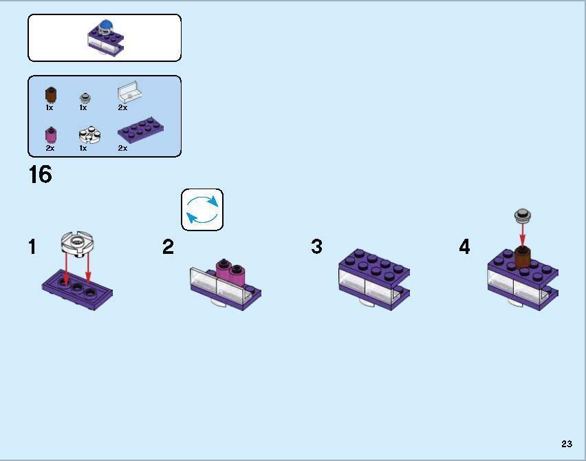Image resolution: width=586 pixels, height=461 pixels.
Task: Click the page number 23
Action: [x=566, y=444]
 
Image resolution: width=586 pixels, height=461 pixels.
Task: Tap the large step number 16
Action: [x=40, y=175]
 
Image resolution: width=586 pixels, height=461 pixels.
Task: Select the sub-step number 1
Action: [x=32, y=247]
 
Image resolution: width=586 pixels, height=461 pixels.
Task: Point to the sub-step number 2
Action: [x=169, y=247]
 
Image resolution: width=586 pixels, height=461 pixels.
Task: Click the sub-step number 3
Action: [x=316, y=247]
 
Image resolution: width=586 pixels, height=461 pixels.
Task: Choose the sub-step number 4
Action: [x=465, y=247]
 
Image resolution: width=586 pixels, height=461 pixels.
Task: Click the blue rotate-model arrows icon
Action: [x=202, y=210]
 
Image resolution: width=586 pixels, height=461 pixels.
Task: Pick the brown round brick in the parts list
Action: [x=50, y=95]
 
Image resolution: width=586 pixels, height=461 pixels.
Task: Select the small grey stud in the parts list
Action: [x=85, y=98]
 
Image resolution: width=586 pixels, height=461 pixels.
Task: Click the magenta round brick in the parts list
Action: [x=50, y=134]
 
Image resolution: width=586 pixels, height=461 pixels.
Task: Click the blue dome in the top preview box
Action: [x=105, y=27]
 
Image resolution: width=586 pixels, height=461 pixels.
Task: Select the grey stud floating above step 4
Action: [x=523, y=216]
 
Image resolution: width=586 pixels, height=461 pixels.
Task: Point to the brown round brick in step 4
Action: [x=523, y=257]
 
